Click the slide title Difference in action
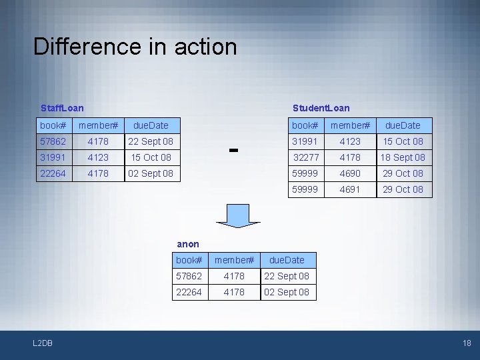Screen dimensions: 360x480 click(135, 47)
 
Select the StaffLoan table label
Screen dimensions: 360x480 click(62, 108)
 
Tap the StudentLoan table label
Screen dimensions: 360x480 click(321, 108)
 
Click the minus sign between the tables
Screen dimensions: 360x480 click(233, 150)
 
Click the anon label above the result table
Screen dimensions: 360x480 click(188, 244)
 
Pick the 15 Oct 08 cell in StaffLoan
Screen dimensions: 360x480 click(151, 157)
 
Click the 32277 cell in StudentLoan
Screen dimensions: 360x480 click(306, 157)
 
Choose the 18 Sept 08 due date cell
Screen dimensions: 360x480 click(402, 157)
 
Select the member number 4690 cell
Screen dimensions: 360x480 click(350, 173)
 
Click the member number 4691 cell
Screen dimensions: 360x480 click(350, 189)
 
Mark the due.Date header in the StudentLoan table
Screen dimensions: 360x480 click(402, 125)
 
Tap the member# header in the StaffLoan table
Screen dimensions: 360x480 click(98, 125)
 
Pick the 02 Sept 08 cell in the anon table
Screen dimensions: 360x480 click(287, 292)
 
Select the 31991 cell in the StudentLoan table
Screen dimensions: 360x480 click(305, 141)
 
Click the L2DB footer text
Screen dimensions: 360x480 click(43, 343)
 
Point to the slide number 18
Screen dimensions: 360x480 click(466, 343)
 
